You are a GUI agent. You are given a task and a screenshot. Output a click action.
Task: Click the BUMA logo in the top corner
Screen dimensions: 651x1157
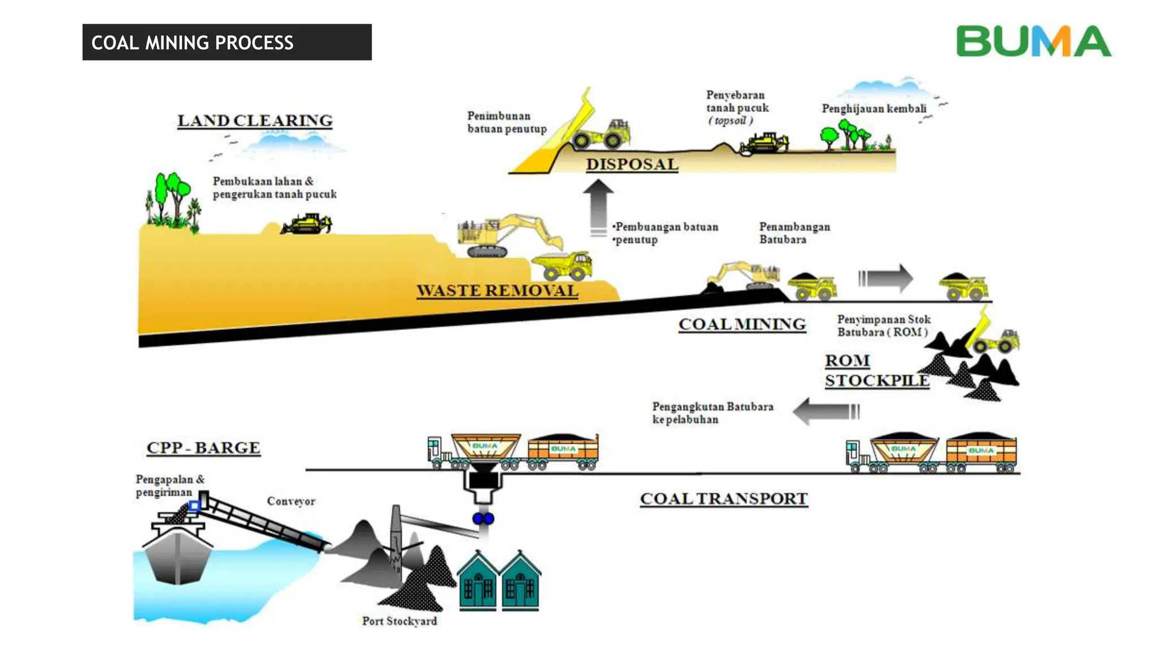pos(1033,41)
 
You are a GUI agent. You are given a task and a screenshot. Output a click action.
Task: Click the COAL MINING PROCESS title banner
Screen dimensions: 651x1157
pos(227,42)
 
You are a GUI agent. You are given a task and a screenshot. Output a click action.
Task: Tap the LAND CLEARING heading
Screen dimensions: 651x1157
pos(255,121)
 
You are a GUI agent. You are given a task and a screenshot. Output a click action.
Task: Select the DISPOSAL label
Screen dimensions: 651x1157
pos(632,164)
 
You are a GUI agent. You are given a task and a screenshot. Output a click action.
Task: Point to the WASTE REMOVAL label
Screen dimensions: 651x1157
pos(497,290)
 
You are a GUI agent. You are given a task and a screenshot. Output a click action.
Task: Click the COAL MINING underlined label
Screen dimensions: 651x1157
pos(742,324)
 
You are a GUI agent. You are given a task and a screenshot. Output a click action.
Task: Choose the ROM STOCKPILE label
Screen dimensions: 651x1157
pos(876,371)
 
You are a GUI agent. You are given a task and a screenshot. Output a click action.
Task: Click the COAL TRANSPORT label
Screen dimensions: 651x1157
pos(724,499)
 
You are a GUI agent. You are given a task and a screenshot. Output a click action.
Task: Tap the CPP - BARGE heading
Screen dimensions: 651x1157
pos(203,448)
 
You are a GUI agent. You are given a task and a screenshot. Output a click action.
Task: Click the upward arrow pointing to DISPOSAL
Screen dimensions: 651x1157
pos(598,207)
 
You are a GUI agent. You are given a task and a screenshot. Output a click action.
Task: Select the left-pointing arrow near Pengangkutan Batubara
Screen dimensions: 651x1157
pos(825,411)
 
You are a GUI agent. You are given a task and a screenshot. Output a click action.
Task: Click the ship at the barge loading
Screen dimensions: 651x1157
pos(177,551)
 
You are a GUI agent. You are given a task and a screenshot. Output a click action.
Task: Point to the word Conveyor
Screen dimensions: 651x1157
pos(291,501)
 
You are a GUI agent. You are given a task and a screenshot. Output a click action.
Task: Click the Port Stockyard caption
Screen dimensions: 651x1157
pos(399,621)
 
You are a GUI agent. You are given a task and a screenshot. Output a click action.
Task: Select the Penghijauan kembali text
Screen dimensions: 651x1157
pos(873,108)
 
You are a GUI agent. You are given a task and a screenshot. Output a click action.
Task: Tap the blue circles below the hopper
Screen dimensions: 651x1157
pos(483,519)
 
